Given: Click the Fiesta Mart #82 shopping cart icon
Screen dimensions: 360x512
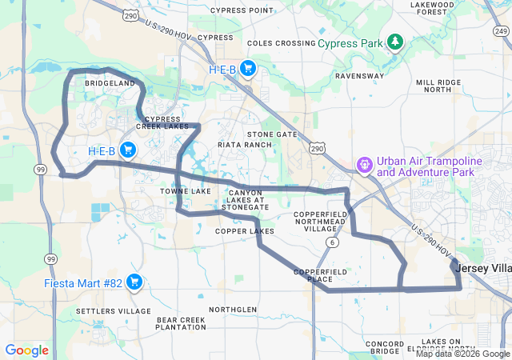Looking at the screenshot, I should click(134, 282).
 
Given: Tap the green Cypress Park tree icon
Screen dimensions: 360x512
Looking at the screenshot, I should click(394, 42).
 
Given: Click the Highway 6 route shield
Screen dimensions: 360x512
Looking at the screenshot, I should click(330, 242).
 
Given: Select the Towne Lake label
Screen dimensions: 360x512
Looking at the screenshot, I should click(185, 192).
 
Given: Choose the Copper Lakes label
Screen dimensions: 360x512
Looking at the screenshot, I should click(244, 231).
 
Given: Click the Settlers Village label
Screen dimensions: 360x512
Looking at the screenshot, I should click(113, 310).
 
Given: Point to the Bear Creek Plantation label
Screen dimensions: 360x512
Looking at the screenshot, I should click(181, 323).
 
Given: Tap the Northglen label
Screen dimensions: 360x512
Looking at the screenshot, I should click(233, 309).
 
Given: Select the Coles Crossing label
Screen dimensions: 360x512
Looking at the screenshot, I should click(281, 42).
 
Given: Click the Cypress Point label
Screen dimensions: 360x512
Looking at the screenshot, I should click(242, 10).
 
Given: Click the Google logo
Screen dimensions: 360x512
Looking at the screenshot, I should click(26, 350).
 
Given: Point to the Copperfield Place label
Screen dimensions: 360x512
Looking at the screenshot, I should click(319, 276).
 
